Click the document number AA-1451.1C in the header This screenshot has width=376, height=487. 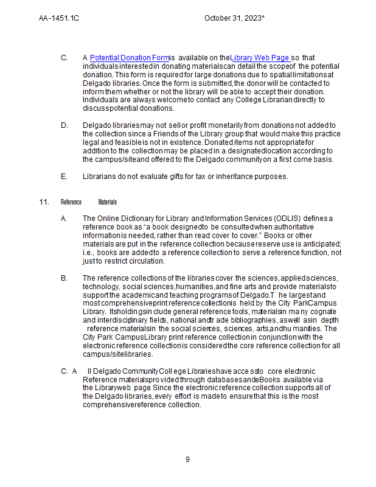click(x=59, y=18)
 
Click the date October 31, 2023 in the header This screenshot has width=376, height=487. click(x=234, y=18)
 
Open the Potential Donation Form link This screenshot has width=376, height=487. click(x=130, y=58)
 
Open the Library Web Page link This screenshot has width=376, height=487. click(x=259, y=58)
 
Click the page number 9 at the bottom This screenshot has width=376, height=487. click(x=187, y=460)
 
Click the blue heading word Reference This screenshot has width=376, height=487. click(x=71, y=202)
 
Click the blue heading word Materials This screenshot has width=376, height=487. click(x=107, y=202)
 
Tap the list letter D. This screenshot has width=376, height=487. click(x=64, y=125)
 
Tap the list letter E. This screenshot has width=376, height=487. click(x=64, y=177)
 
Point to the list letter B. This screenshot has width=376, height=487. click(x=64, y=278)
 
